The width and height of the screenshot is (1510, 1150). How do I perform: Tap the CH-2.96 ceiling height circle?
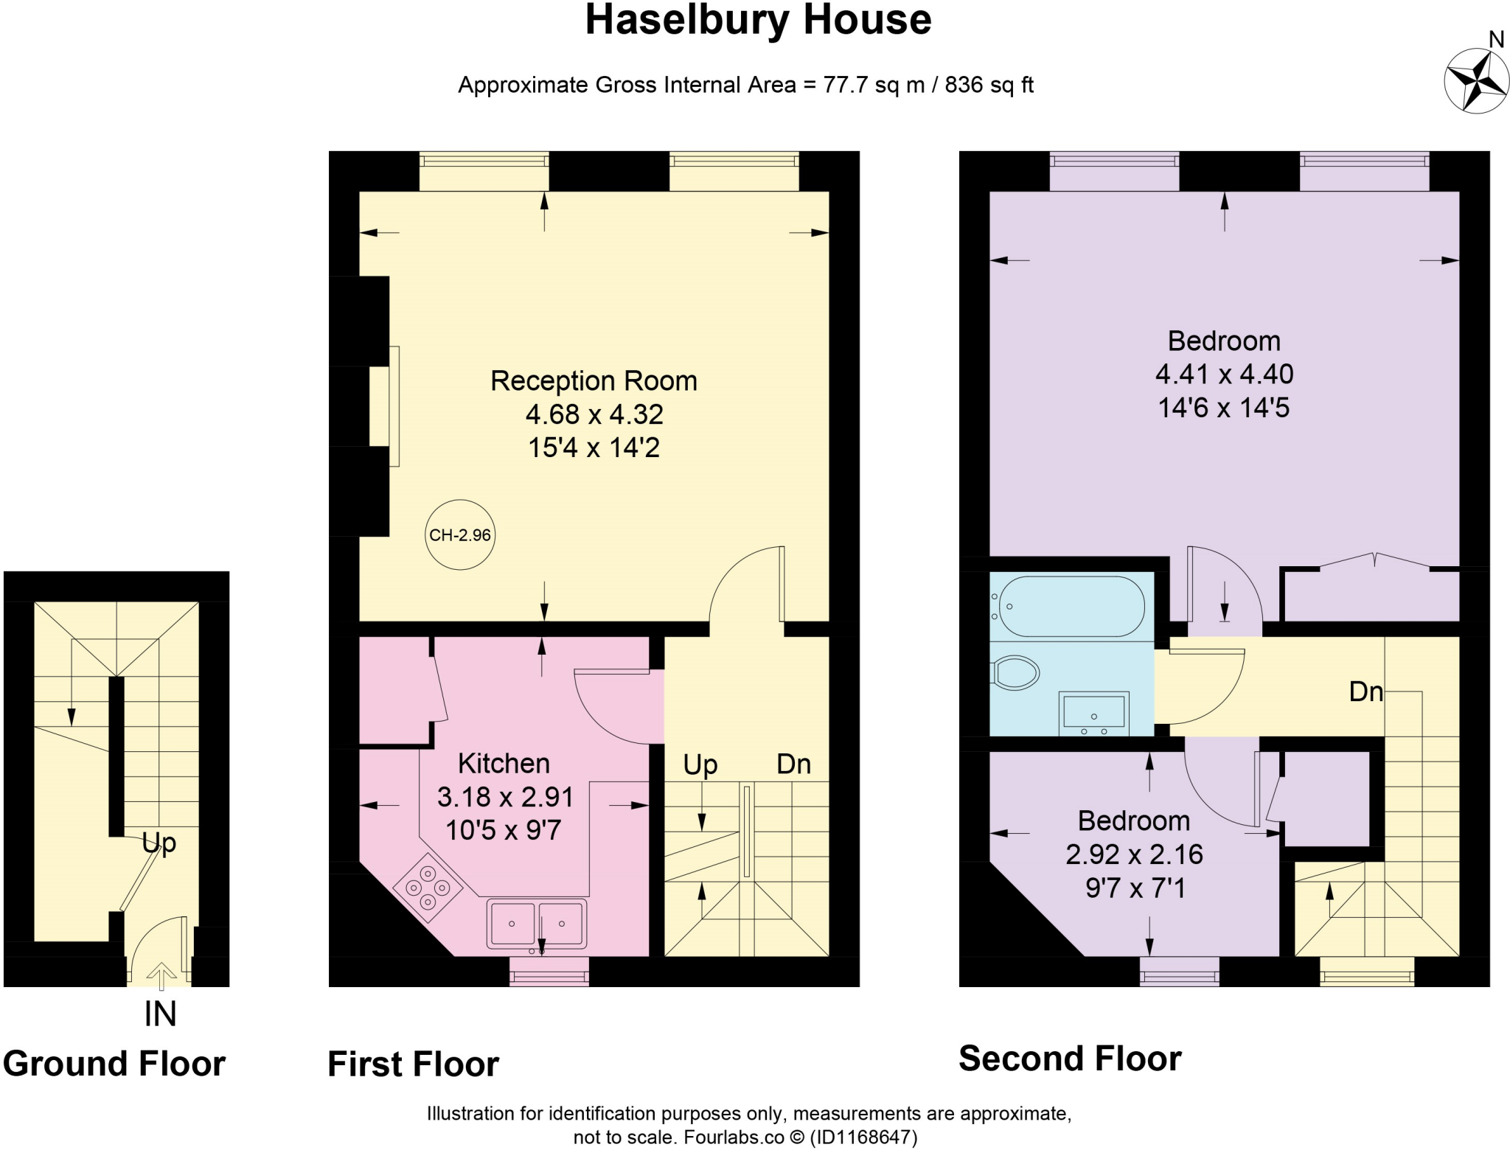(x=461, y=535)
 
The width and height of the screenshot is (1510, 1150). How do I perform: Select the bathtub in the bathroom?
(x=1068, y=606)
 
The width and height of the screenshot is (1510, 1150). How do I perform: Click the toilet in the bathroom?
(x=1015, y=673)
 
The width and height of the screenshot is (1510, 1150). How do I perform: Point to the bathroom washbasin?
(x=1093, y=713)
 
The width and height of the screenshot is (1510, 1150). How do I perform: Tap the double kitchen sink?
(x=537, y=924)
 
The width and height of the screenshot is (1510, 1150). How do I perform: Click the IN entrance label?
(x=160, y=1014)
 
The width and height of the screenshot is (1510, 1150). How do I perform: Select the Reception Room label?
(x=594, y=381)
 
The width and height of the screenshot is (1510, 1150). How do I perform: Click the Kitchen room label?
(x=504, y=764)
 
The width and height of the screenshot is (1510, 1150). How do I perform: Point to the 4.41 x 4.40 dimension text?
(x=1224, y=374)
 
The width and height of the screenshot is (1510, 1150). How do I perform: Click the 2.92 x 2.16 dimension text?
(x=1134, y=854)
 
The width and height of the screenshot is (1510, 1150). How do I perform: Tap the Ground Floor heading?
(x=114, y=1064)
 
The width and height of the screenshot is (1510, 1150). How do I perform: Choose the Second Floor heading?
(x=1070, y=1059)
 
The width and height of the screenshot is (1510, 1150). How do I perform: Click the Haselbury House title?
(x=758, y=20)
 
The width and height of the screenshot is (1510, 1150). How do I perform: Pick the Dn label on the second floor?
(x=1365, y=691)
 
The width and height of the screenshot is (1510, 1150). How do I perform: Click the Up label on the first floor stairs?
(x=700, y=766)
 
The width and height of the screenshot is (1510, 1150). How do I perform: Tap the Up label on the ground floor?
(x=159, y=843)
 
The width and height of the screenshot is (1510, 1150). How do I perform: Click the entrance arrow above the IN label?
(x=161, y=975)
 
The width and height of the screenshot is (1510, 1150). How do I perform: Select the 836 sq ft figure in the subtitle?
(x=989, y=85)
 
